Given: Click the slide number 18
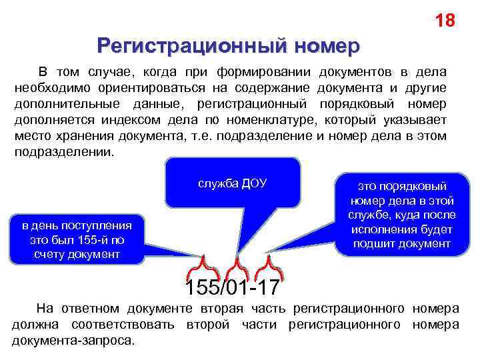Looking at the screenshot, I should pyautogui.click(x=445, y=21).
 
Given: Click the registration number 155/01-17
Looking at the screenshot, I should pyautogui.click(x=233, y=289).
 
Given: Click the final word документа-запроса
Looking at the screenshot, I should pyautogui.click(x=73, y=341).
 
